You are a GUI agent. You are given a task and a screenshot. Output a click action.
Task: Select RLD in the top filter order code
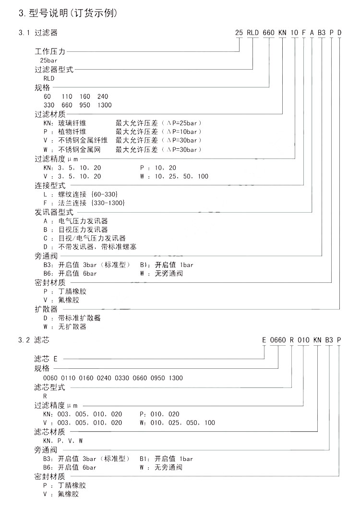[253, 33]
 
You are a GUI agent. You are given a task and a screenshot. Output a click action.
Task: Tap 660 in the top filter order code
[269, 33]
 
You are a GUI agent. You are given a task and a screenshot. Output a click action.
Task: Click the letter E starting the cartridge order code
[264, 340]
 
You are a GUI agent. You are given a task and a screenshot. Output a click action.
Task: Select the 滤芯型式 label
[49, 387]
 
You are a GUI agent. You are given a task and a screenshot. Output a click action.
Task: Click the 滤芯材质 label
[49, 431]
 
